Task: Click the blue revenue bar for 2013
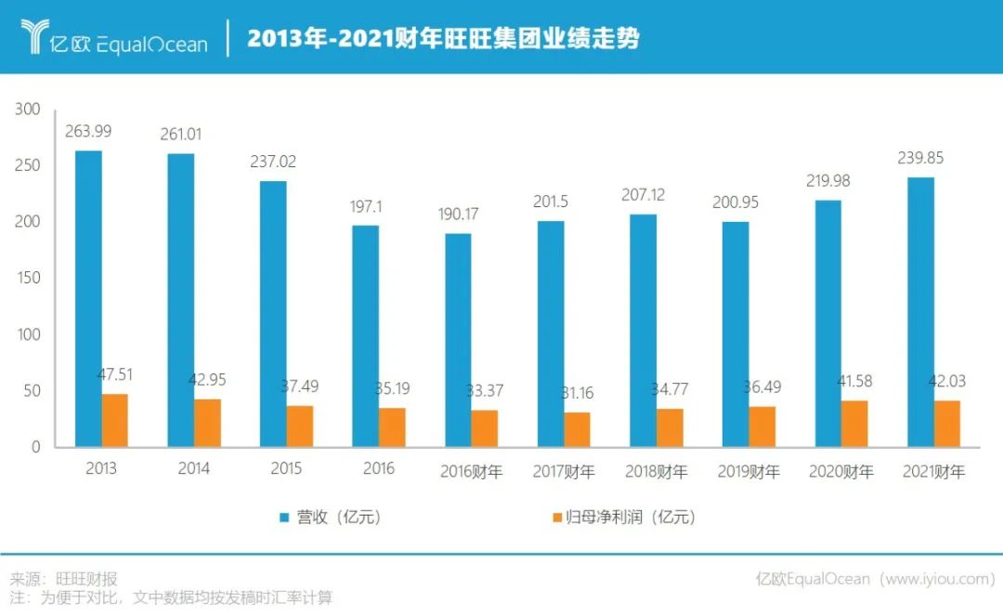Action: coord(88,298)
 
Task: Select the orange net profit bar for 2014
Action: coord(207,423)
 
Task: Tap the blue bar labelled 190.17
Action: coord(458,339)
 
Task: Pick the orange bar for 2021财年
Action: coord(946,424)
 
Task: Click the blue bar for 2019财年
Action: coord(735,334)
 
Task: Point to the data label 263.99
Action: coord(90,132)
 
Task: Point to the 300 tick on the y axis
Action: coord(28,110)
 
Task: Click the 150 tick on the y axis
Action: coord(28,278)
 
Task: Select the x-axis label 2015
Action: coord(286,469)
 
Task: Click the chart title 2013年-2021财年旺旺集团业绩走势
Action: coord(443,39)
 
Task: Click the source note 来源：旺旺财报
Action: coord(63,579)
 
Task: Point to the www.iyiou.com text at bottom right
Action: coord(937,579)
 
